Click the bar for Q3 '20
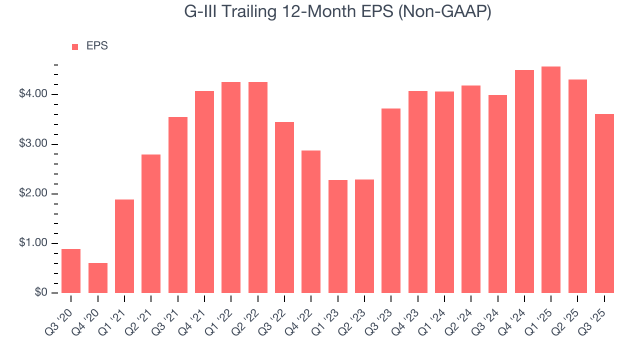click(x=71, y=271)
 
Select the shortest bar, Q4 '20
click(x=98, y=278)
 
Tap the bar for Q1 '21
click(x=124, y=246)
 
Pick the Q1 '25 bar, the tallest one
click(x=551, y=180)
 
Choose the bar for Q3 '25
click(x=604, y=203)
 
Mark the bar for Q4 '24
click(x=524, y=181)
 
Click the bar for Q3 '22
click(x=284, y=207)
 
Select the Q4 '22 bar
click(x=311, y=221)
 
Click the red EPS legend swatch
click(x=75, y=46)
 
